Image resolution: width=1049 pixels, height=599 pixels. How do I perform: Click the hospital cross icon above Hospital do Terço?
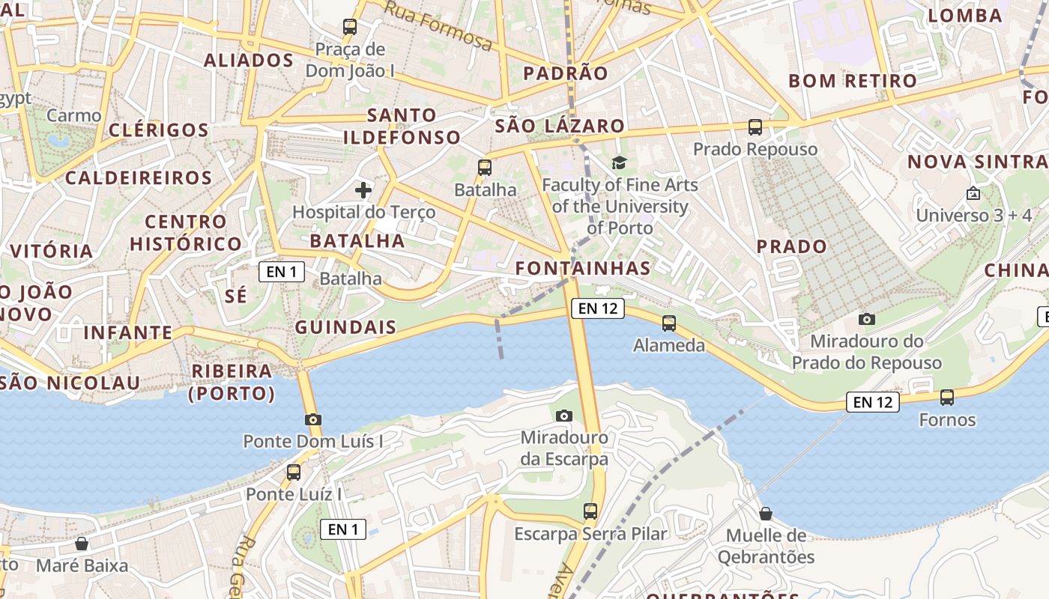(363, 190)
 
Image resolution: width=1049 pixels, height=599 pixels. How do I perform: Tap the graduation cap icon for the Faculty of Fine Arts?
(619, 162)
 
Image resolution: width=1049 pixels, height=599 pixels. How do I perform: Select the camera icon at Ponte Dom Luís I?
(313, 419)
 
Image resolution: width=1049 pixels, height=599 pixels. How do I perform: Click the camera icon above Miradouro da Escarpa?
(564, 416)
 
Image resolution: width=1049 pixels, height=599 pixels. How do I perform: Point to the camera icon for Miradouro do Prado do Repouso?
(867, 320)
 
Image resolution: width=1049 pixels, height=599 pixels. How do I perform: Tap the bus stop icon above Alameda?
(669, 323)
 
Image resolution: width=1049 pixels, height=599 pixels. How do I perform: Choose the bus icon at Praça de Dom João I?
(350, 28)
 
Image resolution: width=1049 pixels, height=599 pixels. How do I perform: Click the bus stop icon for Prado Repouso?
(755, 127)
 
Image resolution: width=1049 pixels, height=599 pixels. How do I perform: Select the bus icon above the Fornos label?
(947, 398)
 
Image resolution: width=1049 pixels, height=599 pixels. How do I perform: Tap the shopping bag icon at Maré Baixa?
(82, 544)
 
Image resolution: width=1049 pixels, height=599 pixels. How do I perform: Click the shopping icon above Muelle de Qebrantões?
(766, 514)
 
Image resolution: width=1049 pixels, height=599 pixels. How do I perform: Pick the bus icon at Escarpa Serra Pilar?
(590, 511)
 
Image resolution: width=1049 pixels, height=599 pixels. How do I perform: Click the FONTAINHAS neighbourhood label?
(583, 268)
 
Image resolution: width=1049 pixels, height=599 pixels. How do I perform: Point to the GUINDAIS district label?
(345, 327)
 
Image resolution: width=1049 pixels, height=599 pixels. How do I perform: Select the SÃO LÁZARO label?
(560, 126)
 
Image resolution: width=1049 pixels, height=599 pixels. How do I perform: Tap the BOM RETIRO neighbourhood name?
(853, 81)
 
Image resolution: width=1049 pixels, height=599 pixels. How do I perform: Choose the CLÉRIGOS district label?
(159, 130)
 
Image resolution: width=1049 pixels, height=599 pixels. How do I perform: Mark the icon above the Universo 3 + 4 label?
(973, 194)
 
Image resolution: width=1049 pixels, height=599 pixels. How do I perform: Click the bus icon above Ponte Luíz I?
(294, 472)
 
